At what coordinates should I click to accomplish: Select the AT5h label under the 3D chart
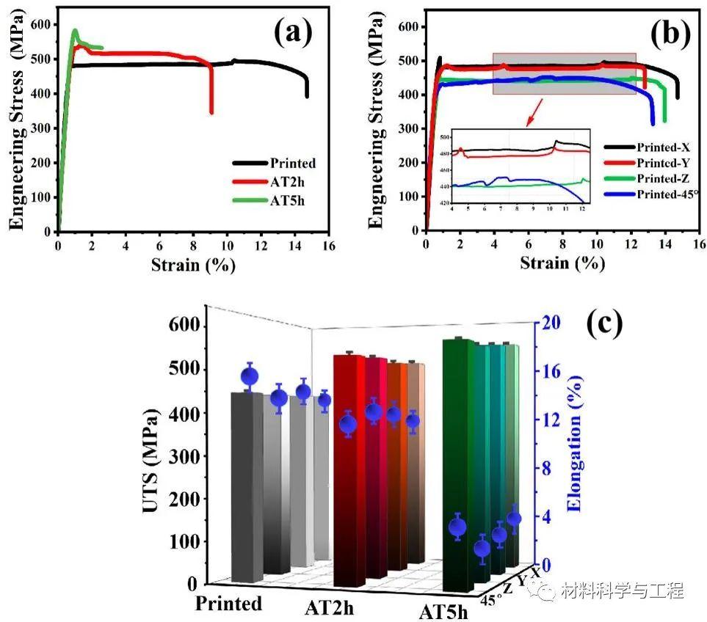pos(443,611)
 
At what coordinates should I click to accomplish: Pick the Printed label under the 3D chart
pos(228,603)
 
